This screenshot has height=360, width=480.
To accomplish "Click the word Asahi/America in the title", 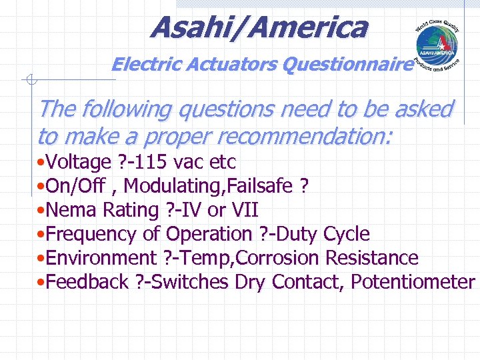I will click(259, 28).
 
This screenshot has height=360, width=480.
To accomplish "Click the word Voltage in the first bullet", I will click(79, 162).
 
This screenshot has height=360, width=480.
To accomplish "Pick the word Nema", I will click(67, 210).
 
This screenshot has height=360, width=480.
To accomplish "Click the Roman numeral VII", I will click(244, 210).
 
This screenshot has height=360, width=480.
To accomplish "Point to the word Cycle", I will click(346, 234).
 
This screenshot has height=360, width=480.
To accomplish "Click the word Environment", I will click(101, 258).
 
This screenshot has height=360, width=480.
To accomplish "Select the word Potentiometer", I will click(413, 282).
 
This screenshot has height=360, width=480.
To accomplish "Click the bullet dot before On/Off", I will click(41, 187).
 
